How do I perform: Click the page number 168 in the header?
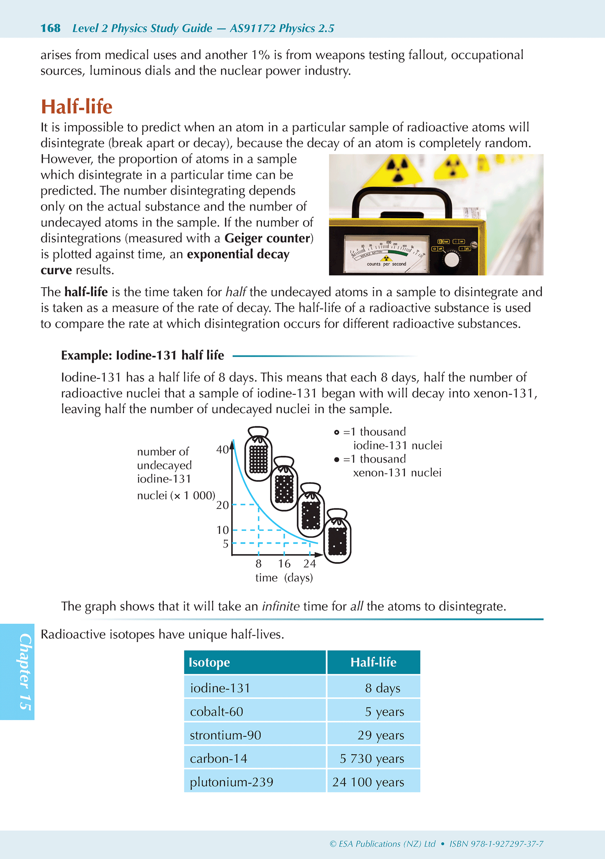(51, 28)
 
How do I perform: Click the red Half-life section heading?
(77, 107)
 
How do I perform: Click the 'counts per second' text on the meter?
(386, 264)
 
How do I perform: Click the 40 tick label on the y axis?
(222, 450)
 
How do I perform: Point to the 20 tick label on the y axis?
(222, 505)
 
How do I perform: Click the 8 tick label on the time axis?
(259, 564)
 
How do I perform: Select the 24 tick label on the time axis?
(310, 564)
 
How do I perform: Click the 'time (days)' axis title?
(284, 578)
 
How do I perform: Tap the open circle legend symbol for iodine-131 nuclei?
(337, 432)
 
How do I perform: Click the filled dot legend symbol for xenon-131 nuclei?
(337, 460)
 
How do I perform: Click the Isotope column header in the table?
(209, 663)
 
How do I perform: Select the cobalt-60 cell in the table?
(216, 712)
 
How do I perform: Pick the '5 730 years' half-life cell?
(372, 759)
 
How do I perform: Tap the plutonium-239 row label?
(232, 782)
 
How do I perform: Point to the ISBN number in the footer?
(496, 844)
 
